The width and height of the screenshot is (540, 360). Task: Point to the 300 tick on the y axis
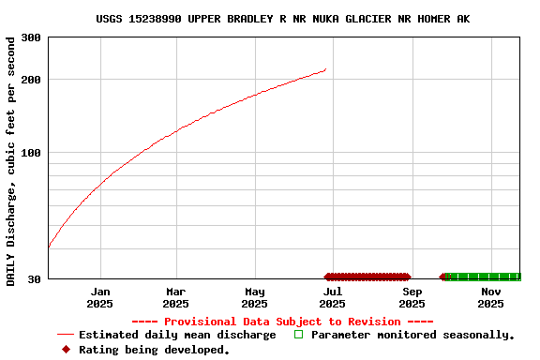point(31,37)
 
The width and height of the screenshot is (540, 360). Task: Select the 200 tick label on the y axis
point(31,79)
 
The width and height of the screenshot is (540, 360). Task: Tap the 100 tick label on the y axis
point(31,153)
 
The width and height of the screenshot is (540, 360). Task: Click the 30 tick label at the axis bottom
point(34,279)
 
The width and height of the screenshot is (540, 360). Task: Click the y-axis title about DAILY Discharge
point(10,161)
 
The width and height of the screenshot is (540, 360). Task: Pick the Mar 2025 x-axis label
point(175,297)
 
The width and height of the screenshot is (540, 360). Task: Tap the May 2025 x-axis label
point(254,297)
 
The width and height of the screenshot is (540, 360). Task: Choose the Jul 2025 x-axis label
point(332,297)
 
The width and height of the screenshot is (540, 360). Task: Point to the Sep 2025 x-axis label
point(412,297)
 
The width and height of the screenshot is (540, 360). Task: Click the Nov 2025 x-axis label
point(490,297)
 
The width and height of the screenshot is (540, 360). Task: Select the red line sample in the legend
point(65,335)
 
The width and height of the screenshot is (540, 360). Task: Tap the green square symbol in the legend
point(299,334)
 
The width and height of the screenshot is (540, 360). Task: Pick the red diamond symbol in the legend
point(65,350)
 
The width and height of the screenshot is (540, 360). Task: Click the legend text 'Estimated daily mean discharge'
point(177,335)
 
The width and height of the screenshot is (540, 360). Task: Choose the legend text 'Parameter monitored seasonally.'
point(412,335)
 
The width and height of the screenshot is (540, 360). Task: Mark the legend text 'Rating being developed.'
point(154,350)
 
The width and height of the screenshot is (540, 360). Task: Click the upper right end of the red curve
point(325,69)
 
